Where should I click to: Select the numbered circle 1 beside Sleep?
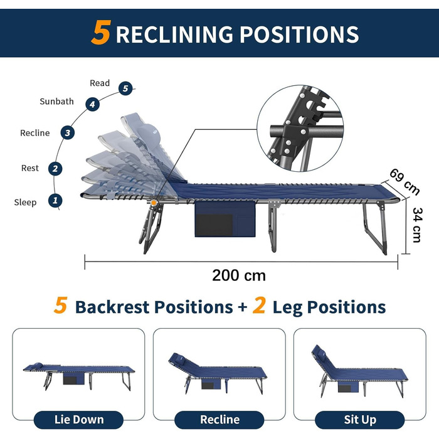pyautogui.click(x=56, y=201)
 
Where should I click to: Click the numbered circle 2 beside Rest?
pyautogui.click(x=56, y=168)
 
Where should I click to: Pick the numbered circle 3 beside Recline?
pyautogui.click(x=67, y=132)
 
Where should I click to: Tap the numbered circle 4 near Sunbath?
pyautogui.click(x=93, y=104)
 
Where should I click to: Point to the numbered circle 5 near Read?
pyautogui.click(x=126, y=88)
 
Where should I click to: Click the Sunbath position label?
pyautogui.click(x=56, y=101)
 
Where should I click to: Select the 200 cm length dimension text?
pyautogui.click(x=239, y=275)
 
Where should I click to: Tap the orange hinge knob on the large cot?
pyautogui.click(x=153, y=202)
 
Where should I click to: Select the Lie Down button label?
pyautogui.click(x=78, y=419)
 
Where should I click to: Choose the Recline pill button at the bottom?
pyautogui.click(x=219, y=419)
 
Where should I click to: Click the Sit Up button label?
pyautogui.click(x=360, y=419)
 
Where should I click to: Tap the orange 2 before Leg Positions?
pyautogui.click(x=260, y=307)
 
